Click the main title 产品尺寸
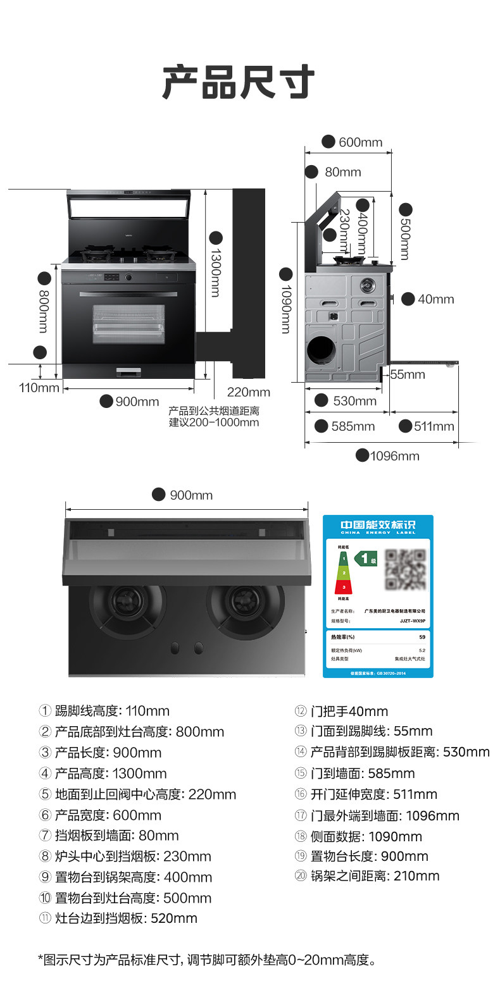point(238,82)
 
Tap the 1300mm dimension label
point(215,272)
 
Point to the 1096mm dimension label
point(394,455)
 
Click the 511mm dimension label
point(434,426)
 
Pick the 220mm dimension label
point(249,392)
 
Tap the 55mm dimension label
point(407,374)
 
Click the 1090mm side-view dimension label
point(285,309)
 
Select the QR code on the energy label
point(405,569)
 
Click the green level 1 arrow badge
point(365,559)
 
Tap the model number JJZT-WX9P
point(412,621)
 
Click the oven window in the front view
point(128,324)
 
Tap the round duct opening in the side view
point(323,350)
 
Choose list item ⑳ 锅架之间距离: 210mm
point(367,876)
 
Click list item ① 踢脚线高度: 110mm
point(104,711)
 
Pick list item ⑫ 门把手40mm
point(342,711)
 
